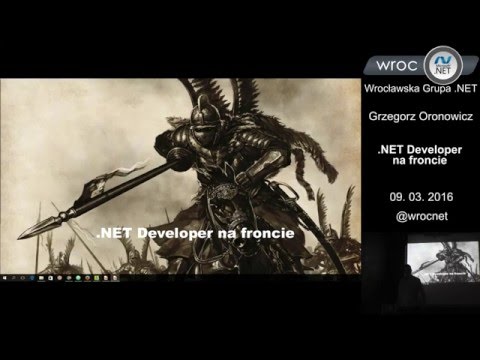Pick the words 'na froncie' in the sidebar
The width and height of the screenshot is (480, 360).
[419, 163]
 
